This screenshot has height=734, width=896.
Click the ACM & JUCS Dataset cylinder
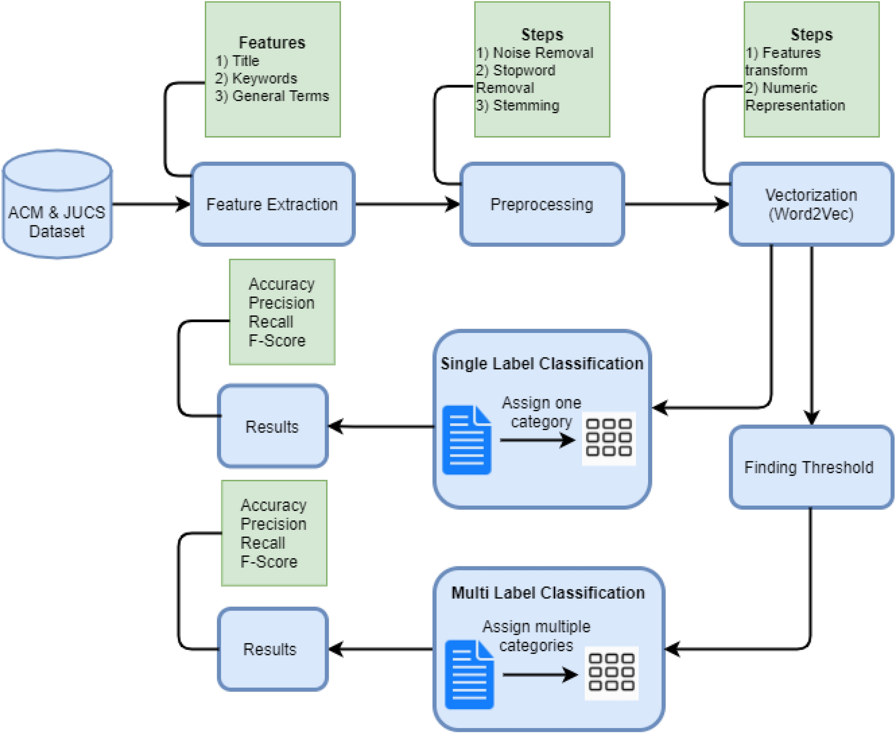[x=57, y=204]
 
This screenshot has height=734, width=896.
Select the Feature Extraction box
[x=272, y=204]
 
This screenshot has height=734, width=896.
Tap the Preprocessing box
[x=542, y=204]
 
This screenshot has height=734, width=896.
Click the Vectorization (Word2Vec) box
[x=811, y=204]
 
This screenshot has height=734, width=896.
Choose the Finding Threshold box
[x=811, y=467]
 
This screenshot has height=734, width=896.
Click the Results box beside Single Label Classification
[x=272, y=426]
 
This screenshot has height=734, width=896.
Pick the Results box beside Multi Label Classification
[x=272, y=649]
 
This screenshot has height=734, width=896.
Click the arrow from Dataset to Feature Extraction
[x=151, y=204]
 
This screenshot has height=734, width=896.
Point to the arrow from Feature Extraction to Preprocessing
[x=407, y=204]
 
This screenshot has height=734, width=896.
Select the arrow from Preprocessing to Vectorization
[x=677, y=204]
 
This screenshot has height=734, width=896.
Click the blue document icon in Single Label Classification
[x=466, y=440]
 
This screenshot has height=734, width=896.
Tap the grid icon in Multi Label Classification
[x=611, y=673]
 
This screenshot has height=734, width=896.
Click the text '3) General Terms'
[x=272, y=96]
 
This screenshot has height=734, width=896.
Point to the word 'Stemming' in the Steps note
[x=526, y=105]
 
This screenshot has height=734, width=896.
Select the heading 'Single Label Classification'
[x=542, y=364]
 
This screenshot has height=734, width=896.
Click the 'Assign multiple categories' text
[x=536, y=636]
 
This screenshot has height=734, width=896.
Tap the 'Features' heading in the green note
[x=272, y=42]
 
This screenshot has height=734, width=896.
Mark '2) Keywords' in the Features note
[x=256, y=78]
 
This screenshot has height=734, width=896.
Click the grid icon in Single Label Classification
[x=609, y=438]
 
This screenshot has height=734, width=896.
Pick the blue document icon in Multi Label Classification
[x=469, y=675]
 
